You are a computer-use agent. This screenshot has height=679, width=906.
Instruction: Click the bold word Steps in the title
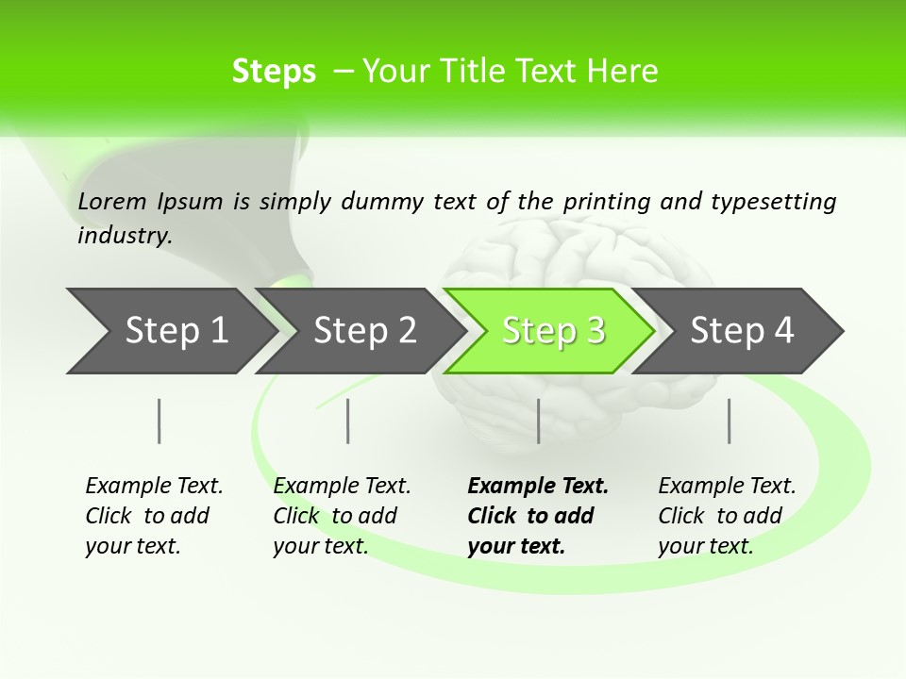[x=274, y=71]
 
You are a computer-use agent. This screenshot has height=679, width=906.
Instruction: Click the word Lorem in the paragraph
[x=112, y=201]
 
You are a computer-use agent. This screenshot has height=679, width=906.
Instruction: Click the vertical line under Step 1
[x=159, y=421]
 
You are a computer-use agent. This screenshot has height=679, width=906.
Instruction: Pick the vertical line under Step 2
[x=348, y=421]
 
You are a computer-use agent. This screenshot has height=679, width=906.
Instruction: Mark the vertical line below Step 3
[x=538, y=421]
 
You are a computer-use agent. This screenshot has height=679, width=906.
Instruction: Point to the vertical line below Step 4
[x=729, y=421]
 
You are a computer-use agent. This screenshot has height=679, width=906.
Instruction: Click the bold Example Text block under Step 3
[x=537, y=516]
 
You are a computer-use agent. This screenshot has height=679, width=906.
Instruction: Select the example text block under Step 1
[x=153, y=516]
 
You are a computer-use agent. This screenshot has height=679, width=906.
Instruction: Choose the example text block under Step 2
[x=341, y=516]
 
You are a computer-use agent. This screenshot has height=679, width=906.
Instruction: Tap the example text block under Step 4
[x=726, y=516]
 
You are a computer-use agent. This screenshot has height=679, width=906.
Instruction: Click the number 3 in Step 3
[x=595, y=331]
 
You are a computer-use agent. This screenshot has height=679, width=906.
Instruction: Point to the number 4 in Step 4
[x=783, y=331]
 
